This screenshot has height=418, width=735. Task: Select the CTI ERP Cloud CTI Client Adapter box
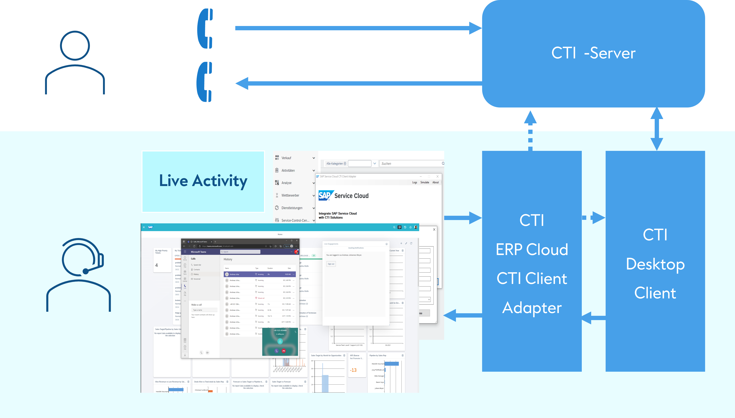click(532, 261)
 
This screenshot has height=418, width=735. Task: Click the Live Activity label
click(203, 181)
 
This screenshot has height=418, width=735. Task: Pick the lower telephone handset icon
click(205, 82)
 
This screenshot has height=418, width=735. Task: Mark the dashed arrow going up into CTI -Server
click(530, 131)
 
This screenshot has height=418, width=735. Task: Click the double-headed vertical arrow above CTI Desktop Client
click(657, 129)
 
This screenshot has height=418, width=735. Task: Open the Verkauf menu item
click(286, 158)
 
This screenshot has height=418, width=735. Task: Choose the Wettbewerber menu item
click(290, 195)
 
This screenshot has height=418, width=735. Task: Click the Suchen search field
click(411, 164)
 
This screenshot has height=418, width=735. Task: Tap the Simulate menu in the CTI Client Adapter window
click(425, 182)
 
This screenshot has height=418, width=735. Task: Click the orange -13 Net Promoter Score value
click(353, 370)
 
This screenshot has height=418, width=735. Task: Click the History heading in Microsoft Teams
click(228, 259)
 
